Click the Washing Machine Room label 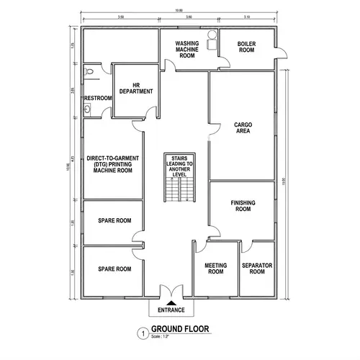point(187,49)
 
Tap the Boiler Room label point(246,47)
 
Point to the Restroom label point(98,98)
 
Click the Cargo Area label point(242,128)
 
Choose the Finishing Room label point(243,206)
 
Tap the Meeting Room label point(215,269)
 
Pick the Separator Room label point(257,269)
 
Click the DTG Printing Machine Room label point(111,163)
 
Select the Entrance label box point(171,310)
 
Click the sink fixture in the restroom point(87,109)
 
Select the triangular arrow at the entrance point(171,300)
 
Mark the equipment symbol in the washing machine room point(210,41)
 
